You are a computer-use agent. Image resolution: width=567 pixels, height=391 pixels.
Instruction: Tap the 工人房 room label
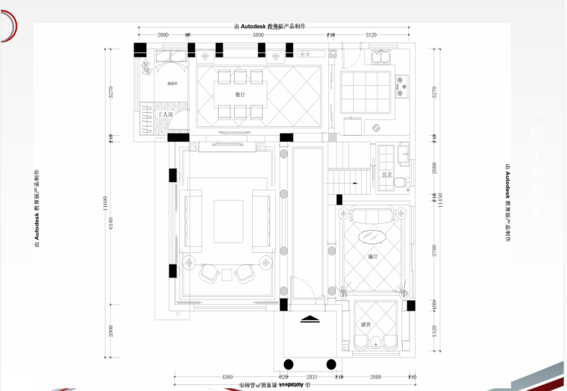click(165, 115)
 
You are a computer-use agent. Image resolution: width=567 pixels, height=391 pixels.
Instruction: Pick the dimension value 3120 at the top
click(372, 35)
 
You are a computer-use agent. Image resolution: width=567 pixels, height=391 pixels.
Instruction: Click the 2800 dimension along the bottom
click(375, 378)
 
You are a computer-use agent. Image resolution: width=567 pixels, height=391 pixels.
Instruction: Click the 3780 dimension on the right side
click(434, 250)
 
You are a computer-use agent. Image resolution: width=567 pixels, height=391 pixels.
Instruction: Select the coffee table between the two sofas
click(227, 221)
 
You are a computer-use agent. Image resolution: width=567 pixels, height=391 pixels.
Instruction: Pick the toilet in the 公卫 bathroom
click(399, 181)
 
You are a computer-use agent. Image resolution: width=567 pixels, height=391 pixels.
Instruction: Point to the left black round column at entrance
click(287, 365)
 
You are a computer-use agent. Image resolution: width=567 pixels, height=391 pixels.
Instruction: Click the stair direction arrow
click(357, 180)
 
